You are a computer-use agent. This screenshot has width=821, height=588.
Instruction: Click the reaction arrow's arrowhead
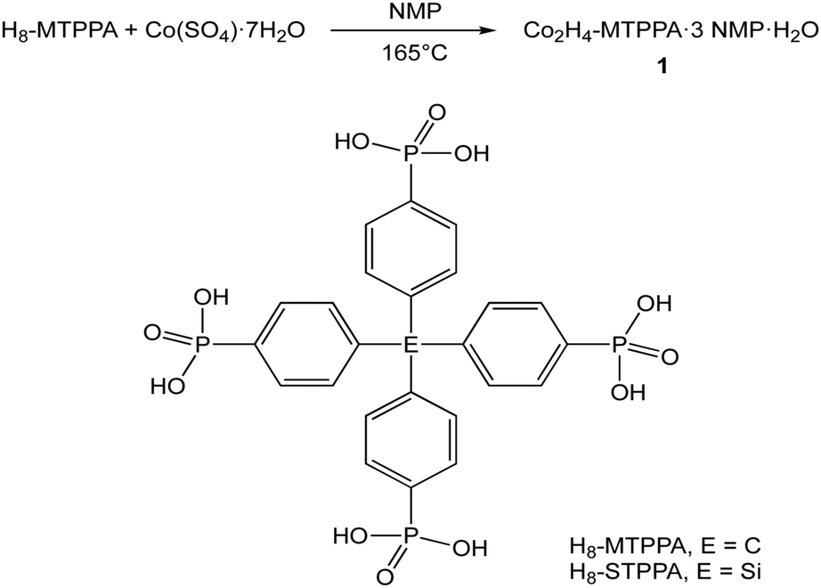[489, 32]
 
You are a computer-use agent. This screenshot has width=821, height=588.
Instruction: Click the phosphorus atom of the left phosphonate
[199, 342]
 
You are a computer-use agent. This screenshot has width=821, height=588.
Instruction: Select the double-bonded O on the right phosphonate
[670, 356]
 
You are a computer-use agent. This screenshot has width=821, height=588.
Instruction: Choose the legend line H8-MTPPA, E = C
[663, 543]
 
